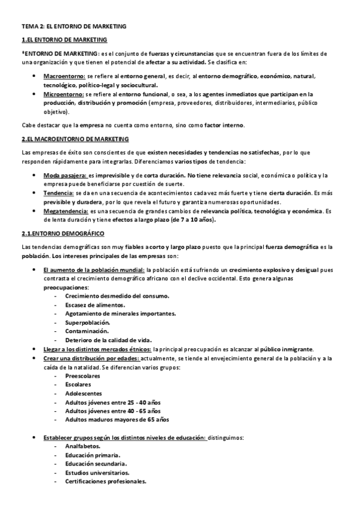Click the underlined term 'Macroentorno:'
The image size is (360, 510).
coord(64,78)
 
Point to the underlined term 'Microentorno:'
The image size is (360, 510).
coord(64,94)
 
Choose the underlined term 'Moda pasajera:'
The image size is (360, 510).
coord(66,174)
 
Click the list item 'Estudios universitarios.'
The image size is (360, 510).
coord(97,473)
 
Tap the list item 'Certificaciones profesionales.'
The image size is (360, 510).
coord(106,482)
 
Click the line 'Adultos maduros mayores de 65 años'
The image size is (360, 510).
coord(117,419)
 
